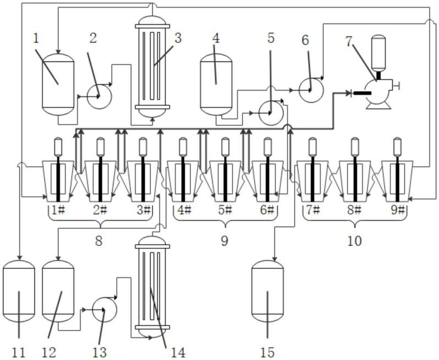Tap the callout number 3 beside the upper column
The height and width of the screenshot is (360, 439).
tap(178, 38)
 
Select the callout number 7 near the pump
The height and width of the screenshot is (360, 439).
tap(348, 41)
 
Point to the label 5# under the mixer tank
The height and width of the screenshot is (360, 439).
tap(225, 210)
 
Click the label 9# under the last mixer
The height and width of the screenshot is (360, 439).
tap(397, 210)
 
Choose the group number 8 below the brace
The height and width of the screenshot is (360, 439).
tap(99, 241)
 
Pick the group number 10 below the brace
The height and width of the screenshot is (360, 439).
tap(354, 241)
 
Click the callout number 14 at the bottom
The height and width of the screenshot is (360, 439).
tap(178, 353)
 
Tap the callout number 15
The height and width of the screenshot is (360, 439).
tap(267, 353)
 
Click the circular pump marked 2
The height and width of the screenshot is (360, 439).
tap(99, 96)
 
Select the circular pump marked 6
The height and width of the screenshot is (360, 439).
tap(311, 90)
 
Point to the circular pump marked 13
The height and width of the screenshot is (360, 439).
tap(104, 310)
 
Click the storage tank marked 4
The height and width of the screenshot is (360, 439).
tap(216, 85)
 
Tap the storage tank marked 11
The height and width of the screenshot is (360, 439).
tap(19, 291)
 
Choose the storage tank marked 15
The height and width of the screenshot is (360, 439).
tap(267, 291)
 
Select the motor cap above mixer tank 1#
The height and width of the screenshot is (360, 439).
tap(58, 147)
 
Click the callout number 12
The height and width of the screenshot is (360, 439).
tap(49, 353)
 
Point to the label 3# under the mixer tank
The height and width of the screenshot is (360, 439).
tap(144, 210)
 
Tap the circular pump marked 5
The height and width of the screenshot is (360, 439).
tap(271, 113)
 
